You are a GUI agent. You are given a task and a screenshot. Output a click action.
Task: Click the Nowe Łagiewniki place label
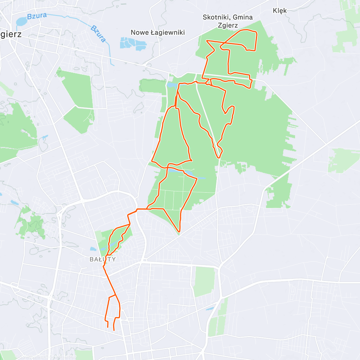(x=157, y=32)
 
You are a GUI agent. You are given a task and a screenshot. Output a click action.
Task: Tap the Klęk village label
(x=280, y=11)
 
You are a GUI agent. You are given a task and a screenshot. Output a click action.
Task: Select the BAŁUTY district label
(x=103, y=259)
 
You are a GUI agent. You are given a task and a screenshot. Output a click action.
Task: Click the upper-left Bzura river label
(x=37, y=16)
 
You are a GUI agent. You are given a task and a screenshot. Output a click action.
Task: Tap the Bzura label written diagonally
(x=98, y=34)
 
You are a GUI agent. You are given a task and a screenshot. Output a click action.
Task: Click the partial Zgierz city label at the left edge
(x=11, y=34)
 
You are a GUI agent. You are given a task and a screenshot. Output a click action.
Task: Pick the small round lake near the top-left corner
(x=21, y=22)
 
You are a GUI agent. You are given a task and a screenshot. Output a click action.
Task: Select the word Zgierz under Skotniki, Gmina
(x=228, y=25)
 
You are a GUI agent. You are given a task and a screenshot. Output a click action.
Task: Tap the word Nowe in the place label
(x=140, y=32)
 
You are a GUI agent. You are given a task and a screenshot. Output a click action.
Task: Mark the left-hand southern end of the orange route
(x=108, y=327)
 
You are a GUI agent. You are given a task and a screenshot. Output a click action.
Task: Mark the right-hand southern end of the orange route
(x=114, y=330)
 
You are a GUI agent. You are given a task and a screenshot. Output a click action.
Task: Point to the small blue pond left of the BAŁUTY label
(x=93, y=249)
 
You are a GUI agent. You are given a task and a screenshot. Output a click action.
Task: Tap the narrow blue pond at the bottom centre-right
(x=210, y=309)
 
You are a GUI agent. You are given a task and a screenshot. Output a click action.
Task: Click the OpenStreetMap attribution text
(x=63, y=356)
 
